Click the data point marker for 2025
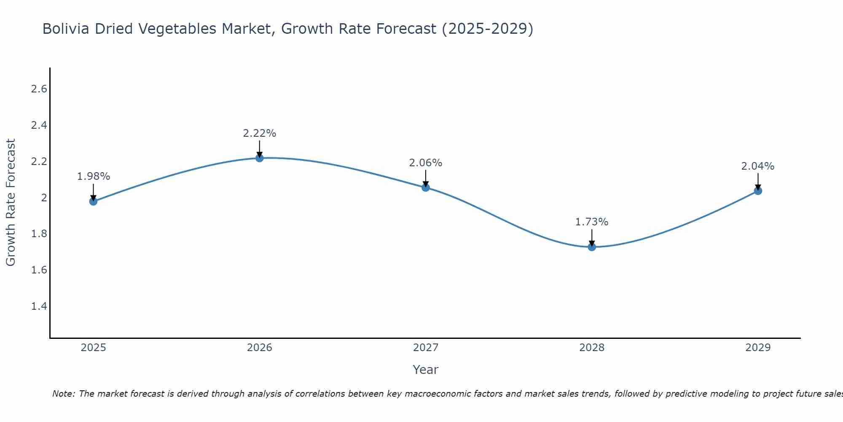pyautogui.click(x=93, y=201)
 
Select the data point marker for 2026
pyautogui.click(x=260, y=158)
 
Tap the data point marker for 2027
pyautogui.click(x=426, y=187)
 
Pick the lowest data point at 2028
pyautogui.click(x=592, y=247)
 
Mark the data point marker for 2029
pyautogui.click(x=758, y=191)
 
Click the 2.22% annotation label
pyautogui.click(x=260, y=133)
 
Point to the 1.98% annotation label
pyautogui.click(x=93, y=176)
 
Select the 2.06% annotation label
pyautogui.click(x=426, y=163)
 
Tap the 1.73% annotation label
pyautogui.click(x=592, y=222)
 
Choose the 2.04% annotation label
pyautogui.click(x=758, y=166)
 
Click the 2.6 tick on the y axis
pyautogui.click(x=39, y=89)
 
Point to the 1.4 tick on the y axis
pyautogui.click(x=39, y=306)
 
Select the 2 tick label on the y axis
pyautogui.click(x=44, y=197)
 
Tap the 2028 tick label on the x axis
pyautogui.click(x=592, y=348)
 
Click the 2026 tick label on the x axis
pyautogui.click(x=260, y=348)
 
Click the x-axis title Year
pyautogui.click(x=426, y=370)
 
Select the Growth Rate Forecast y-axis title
pyautogui.click(x=11, y=202)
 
